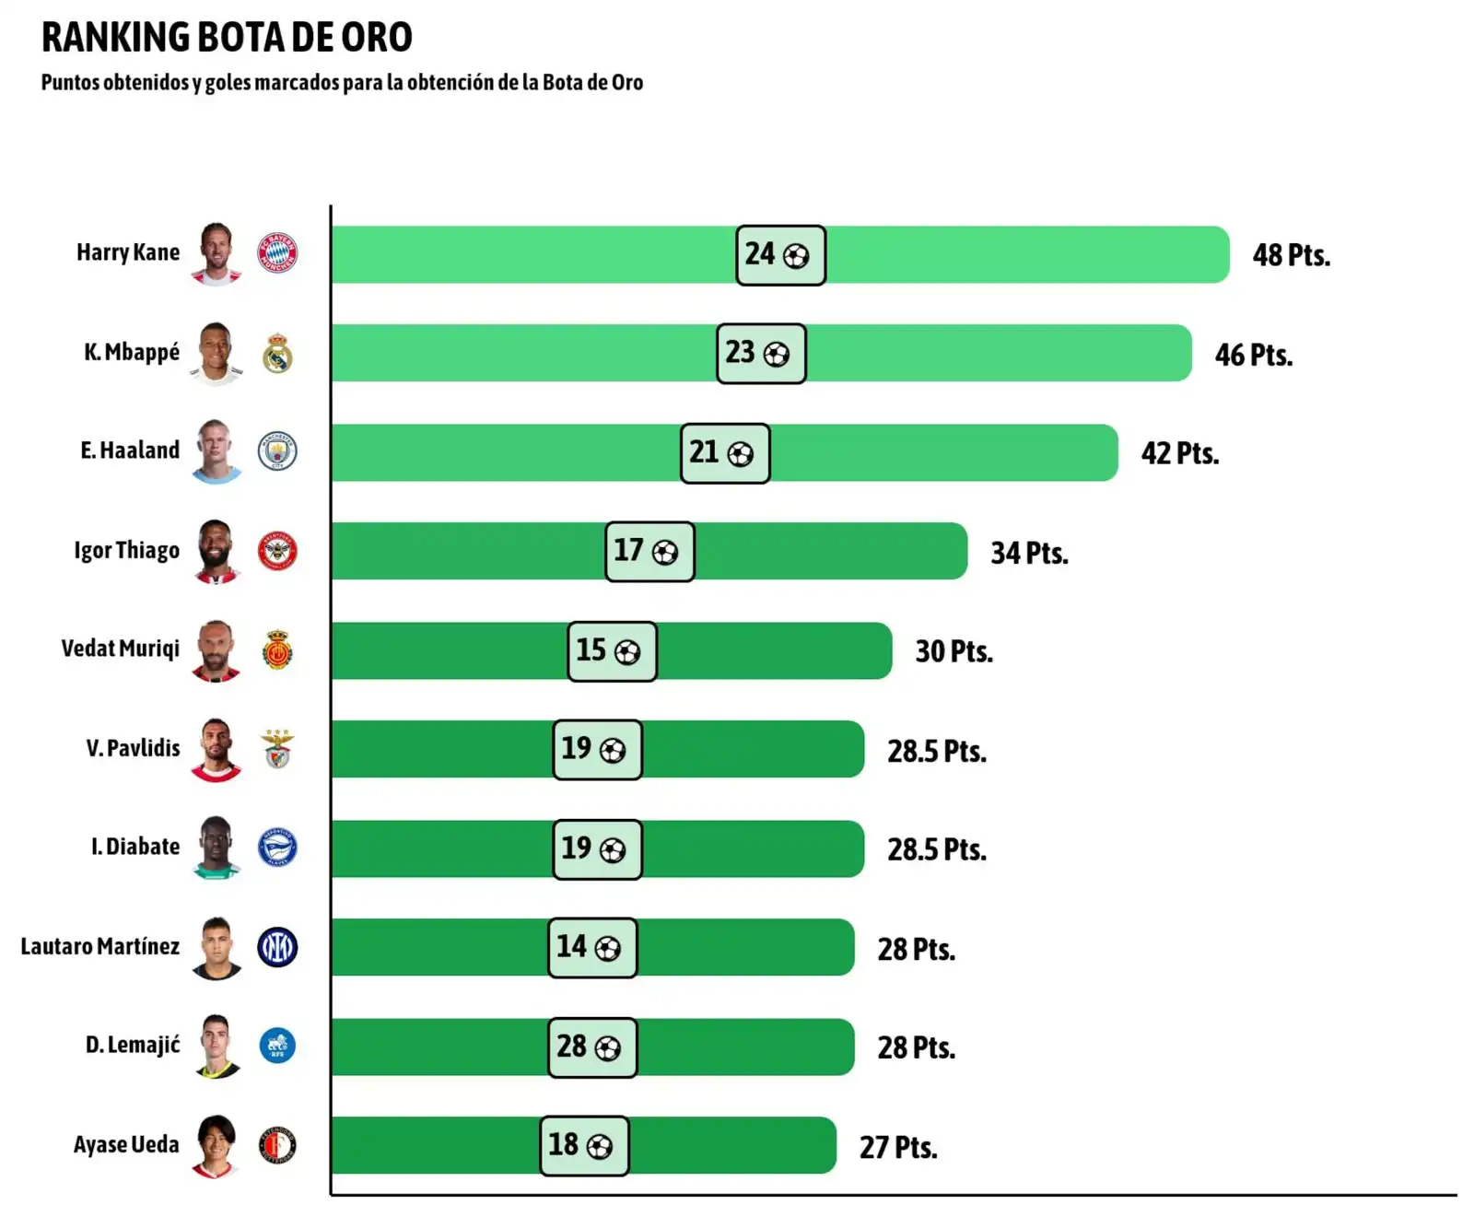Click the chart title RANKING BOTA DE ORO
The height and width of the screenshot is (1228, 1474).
pos(227,38)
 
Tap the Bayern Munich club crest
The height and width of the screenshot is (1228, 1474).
pos(277,252)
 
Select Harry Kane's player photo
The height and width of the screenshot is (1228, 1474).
pos(216,253)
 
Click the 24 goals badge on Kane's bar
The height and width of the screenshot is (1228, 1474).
pos(779,254)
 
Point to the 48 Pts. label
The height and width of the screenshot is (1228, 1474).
pos(1291,255)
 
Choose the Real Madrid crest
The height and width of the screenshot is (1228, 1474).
pos(277,353)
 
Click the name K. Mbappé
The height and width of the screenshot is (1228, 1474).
pos(132,352)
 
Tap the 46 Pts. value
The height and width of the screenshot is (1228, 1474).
pos(1253,355)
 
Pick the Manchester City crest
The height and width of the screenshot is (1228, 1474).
pos(277,451)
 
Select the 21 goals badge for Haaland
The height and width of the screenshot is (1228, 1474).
pos(724,452)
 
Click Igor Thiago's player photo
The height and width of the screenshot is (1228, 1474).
pos(216,551)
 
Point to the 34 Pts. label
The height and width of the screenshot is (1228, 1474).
pos(1029,553)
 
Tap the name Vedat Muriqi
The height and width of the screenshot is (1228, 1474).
pos(121,649)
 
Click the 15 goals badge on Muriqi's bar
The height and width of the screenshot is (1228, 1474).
pos(612,651)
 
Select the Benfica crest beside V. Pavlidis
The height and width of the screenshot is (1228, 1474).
pos(277,749)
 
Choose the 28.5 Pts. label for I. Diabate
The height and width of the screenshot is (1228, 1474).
pos(937,849)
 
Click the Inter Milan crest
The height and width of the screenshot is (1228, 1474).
pos(277,947)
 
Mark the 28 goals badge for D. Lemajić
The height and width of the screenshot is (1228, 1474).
pos(591,1047)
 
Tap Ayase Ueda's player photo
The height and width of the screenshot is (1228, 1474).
pos(216,1146)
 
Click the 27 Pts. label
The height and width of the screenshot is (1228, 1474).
pos(898,1148)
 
